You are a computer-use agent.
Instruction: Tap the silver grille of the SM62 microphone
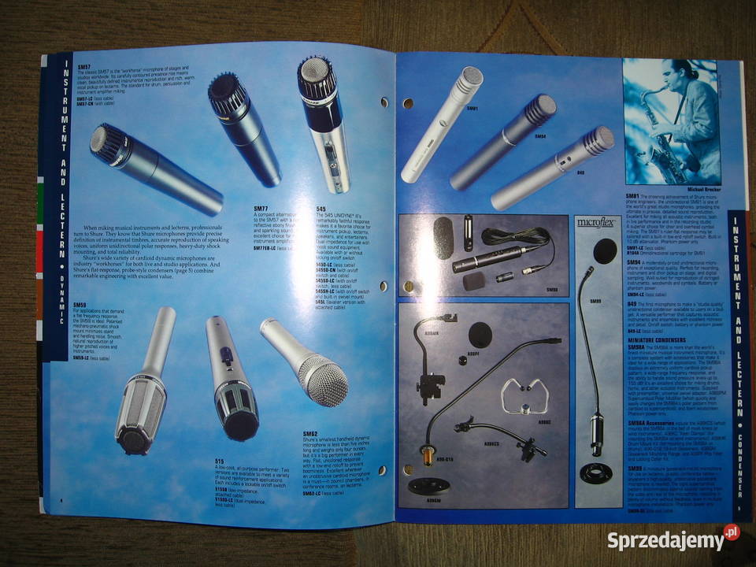click(x=324, y=379)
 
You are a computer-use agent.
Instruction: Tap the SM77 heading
click(x=261, y=209)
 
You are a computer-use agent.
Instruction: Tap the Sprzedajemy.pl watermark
click(x=673, y=540)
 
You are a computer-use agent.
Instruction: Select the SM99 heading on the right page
click(x=636, y=469)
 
